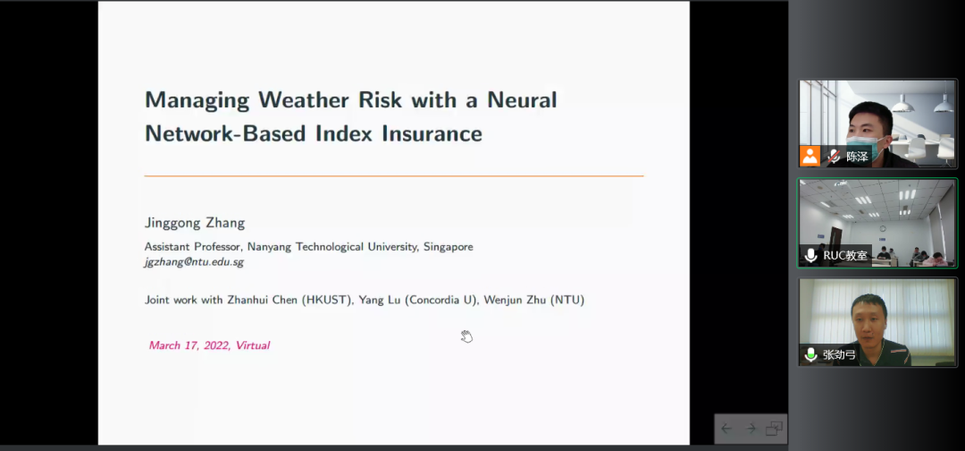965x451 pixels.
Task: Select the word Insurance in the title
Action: click(432, 133)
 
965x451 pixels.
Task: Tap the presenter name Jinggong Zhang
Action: click(195, 223)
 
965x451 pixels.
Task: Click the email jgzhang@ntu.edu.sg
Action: click(194, 262)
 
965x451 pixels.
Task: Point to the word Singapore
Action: click(448, 247)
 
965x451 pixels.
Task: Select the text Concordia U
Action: click(441, 300)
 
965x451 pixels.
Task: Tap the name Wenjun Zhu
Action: click(513, 300)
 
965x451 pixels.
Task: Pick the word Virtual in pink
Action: click(252, 345)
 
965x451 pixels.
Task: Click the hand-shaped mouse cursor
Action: click(466, 336)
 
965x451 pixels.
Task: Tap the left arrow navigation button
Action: click(726, 429)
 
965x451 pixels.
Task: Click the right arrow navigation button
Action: click(751, 429)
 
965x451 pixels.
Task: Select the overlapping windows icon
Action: click(774, 429)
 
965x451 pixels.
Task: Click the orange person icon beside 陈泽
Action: click(810, 157)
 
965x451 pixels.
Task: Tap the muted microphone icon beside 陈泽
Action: click(834, 157)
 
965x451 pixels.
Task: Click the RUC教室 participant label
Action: click(843, 255)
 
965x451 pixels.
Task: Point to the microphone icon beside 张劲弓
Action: click(810, 355)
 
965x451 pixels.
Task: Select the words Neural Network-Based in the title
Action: click(351, 116)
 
